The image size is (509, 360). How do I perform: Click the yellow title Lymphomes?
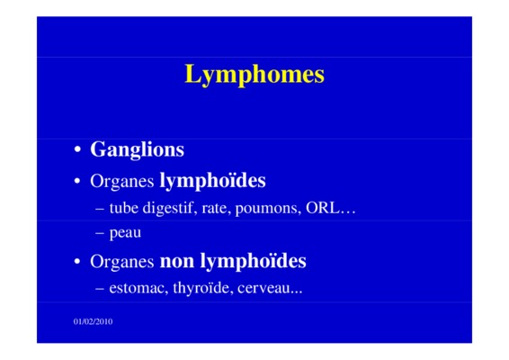tap(254, 75)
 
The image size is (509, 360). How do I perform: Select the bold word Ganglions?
tap(137, 150)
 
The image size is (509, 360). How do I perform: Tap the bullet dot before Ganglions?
tap(77, 149)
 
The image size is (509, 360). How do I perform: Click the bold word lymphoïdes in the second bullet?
tap(212, 181)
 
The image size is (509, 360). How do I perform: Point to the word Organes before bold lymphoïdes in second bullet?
tap(121, 182)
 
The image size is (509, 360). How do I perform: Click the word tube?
tap(124, 208)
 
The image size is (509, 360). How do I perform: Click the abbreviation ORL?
tap(322, 208)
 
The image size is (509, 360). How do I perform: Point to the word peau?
tap(125, 233)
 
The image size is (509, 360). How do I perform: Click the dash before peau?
tap(100, 233)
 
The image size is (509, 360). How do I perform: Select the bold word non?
tap(177, 261)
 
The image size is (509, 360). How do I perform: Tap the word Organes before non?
tap(121, 262)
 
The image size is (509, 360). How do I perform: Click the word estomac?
tap(138, 288)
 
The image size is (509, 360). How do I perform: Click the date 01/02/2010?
tap(94, 321)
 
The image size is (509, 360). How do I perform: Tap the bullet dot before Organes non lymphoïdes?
tap(77, 261)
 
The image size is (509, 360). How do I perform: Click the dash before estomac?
tap(100, 289)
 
